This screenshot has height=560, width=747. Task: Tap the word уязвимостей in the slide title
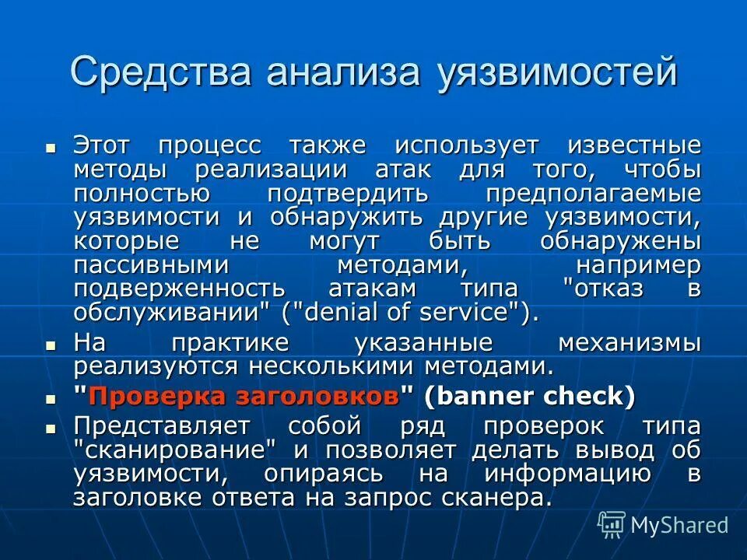click(557, 73)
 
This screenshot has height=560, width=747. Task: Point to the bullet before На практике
click(51, 343)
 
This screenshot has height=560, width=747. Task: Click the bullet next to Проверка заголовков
click(51, 397)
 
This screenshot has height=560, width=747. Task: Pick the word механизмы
click(630, 343)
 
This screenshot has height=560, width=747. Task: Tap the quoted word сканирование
click(175, 450)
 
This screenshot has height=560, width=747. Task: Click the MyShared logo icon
click(611, 524)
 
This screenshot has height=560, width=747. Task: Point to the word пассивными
click(152, 264)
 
